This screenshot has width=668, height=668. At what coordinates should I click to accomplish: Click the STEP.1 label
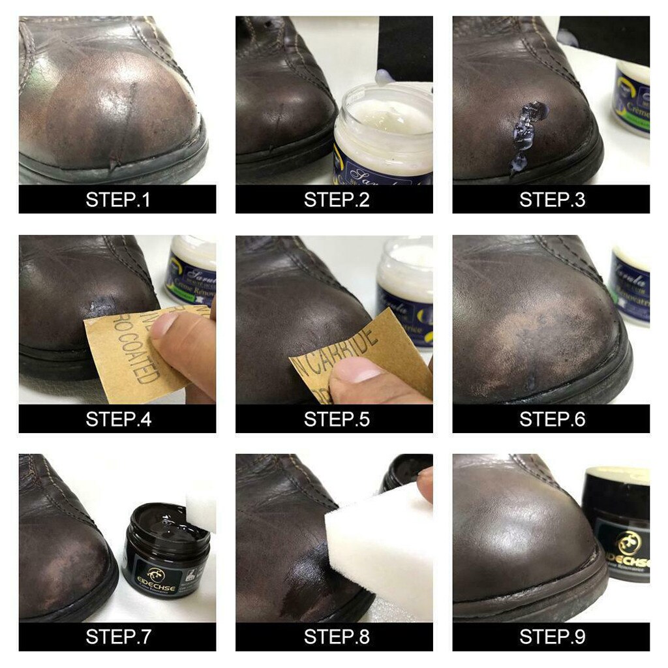pos(117,199)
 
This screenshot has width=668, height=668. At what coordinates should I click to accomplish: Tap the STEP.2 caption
pos(336,199)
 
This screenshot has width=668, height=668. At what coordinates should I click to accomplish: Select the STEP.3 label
pos(552,199)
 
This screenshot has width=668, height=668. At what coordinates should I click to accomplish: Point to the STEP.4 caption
pos(117,418)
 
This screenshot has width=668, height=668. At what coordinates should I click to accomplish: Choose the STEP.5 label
pos(336,418)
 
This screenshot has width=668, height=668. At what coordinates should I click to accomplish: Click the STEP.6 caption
pos(552,418)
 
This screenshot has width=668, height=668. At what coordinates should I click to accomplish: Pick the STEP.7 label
pos(117,637)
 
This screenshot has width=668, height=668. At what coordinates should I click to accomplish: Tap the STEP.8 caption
pos(336,637)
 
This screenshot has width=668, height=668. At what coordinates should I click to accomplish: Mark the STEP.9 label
pos(552,637)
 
